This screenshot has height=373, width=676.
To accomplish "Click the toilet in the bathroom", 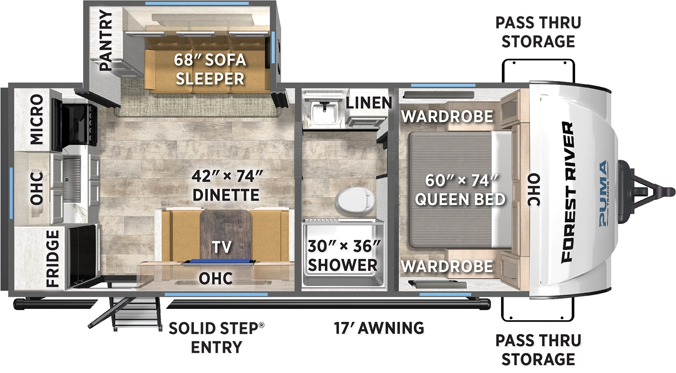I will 355,200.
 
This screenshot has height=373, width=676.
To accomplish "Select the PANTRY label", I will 106,40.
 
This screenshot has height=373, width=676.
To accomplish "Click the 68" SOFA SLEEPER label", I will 210,69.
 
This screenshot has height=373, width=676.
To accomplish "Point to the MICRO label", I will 36,119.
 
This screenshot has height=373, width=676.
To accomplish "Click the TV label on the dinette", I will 222,247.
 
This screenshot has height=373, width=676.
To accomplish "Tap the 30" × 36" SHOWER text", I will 343,256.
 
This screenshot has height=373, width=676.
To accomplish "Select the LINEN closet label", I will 369,103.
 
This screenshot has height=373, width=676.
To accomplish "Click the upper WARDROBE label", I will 447,116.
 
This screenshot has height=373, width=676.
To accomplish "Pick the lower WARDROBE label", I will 447,266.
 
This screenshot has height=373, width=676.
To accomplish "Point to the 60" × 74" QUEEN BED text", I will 460,190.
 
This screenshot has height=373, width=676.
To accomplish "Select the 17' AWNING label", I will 379,328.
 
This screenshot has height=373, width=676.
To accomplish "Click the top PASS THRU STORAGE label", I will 538,32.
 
